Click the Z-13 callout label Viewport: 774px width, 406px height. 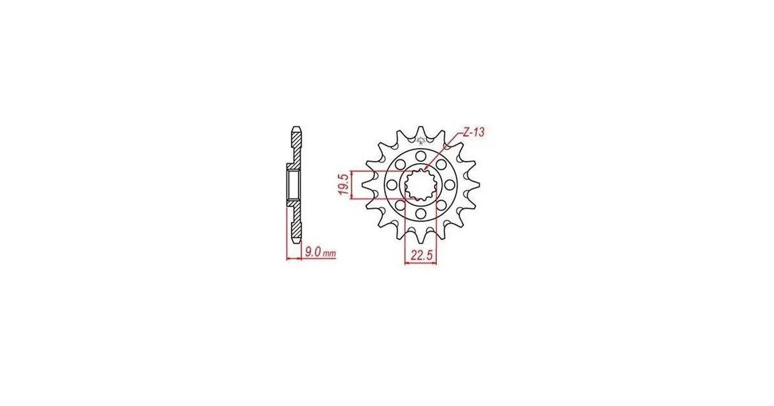coord(475,132)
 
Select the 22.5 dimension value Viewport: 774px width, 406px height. coord(420,255)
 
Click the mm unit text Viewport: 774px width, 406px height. coord(329,254)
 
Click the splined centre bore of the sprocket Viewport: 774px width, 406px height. coord(420,184)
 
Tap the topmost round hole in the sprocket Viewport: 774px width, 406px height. coord(420,156)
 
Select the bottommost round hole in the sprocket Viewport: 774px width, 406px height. coord(420,213)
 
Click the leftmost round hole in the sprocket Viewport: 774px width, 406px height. coord(392,184)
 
